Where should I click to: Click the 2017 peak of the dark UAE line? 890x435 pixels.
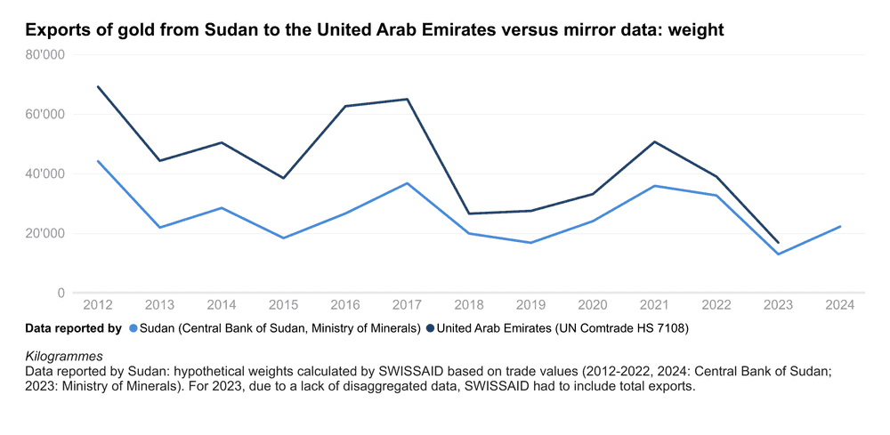[x=407, y=99]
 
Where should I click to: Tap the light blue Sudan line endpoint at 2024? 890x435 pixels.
[x=839, y=226]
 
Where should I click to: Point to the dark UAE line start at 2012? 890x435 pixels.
[x=98, y=86]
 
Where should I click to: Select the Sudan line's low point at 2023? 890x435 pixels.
[x=778, y=254]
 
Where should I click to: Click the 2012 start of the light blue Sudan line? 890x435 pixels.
[x=98, y=161]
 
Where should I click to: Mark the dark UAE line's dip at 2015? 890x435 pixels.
[x=283, y=178]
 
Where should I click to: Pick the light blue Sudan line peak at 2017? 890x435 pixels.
[x=407, y=183]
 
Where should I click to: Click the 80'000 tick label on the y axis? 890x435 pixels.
[x=46, y=54]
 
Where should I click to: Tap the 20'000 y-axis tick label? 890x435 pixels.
[x=46, y=233]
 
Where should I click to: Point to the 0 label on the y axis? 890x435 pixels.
[x=61, y=293]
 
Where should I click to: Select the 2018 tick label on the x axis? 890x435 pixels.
[x=469, y=305]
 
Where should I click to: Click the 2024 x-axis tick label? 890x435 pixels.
[x=839, y=305]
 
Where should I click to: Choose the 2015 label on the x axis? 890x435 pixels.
[x=283, y=305]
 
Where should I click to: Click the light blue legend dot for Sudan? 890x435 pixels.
[x=133, y=328]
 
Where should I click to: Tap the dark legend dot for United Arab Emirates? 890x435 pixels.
[x=431, y=328]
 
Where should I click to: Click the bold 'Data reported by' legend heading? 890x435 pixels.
[x=73, y=328]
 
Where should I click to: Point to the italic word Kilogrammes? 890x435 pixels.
[x=65, y=356]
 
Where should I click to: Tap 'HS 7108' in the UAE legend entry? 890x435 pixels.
[x=663, y=328]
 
